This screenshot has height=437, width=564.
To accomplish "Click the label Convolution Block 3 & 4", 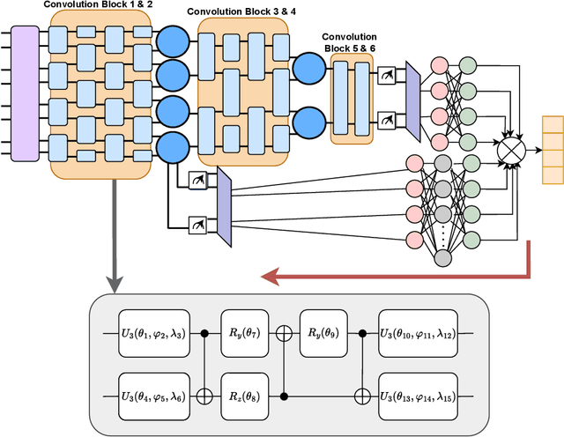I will (x=238, y=15).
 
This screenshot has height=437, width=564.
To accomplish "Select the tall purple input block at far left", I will (x=25, y=93).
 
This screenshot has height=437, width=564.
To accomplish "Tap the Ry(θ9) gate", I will (x=323, y=335).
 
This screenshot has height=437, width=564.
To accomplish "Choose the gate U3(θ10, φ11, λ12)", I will (x=416, y=335).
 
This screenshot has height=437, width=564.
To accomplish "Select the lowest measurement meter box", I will (x=197, y=226).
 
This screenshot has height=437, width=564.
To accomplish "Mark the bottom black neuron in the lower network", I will (x=444, y=256).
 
